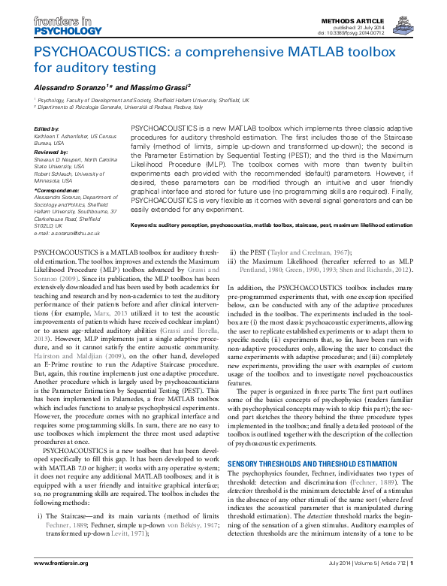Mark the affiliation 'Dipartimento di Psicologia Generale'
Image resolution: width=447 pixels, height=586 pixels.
pos(83,107)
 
